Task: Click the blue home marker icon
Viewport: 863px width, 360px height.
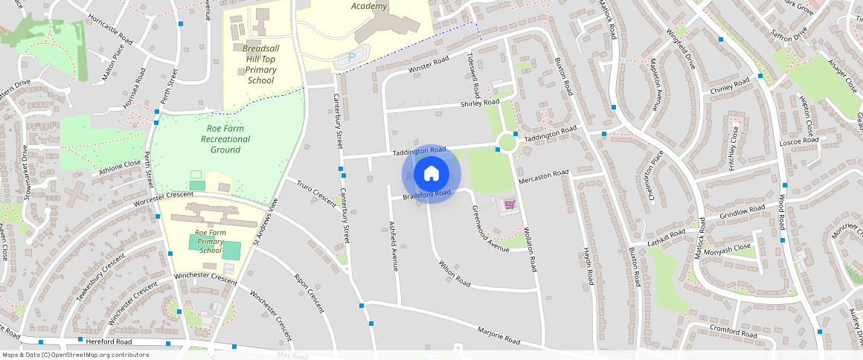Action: (431, 174)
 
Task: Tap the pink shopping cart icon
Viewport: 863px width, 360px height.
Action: (510, 203)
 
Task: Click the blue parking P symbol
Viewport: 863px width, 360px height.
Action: (352, 57)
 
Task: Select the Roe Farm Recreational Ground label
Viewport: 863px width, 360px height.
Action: (225, 138)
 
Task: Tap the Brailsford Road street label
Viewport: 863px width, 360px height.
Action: (427, 196)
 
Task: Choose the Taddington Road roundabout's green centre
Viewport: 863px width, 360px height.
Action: (507, 141)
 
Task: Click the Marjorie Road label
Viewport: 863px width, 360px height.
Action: (498, 335)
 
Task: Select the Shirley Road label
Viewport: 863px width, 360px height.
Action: (480, 103)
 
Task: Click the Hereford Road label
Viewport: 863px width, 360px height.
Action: (109, 341)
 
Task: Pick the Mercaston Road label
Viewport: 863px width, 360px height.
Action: (544, 176)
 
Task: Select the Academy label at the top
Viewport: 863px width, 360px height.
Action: (369, 7)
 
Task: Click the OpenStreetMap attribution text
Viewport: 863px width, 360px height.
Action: (76, 355)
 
